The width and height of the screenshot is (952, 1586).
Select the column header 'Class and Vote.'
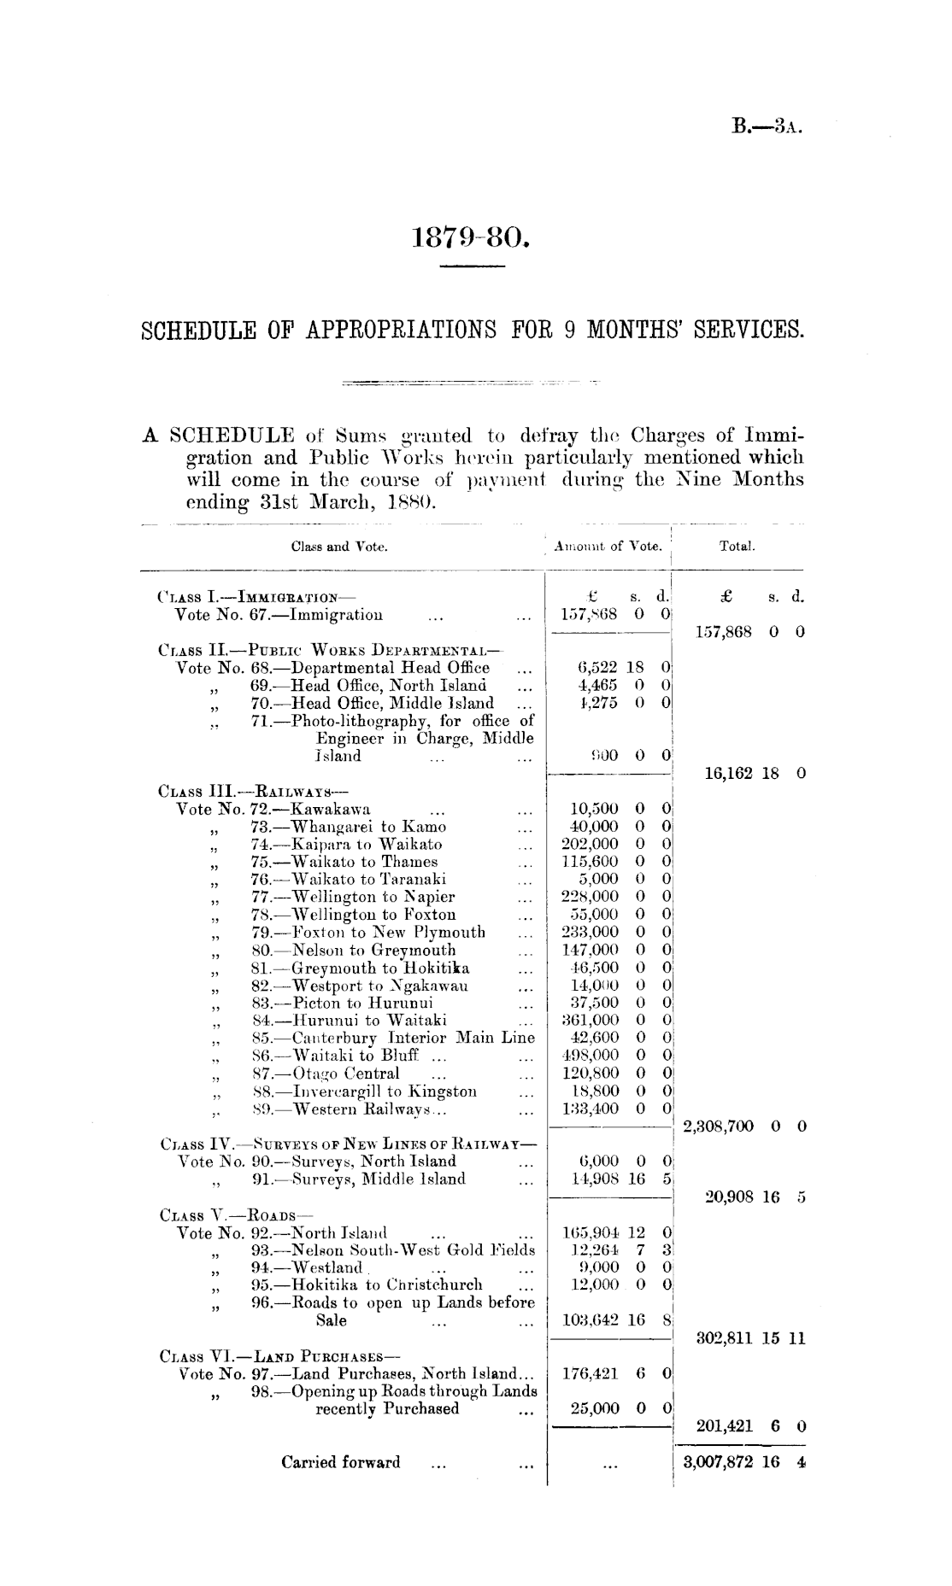pos(339,546)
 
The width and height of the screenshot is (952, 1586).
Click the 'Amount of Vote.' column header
pos(608,546)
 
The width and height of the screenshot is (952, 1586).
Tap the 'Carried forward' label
pos(341,1462)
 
